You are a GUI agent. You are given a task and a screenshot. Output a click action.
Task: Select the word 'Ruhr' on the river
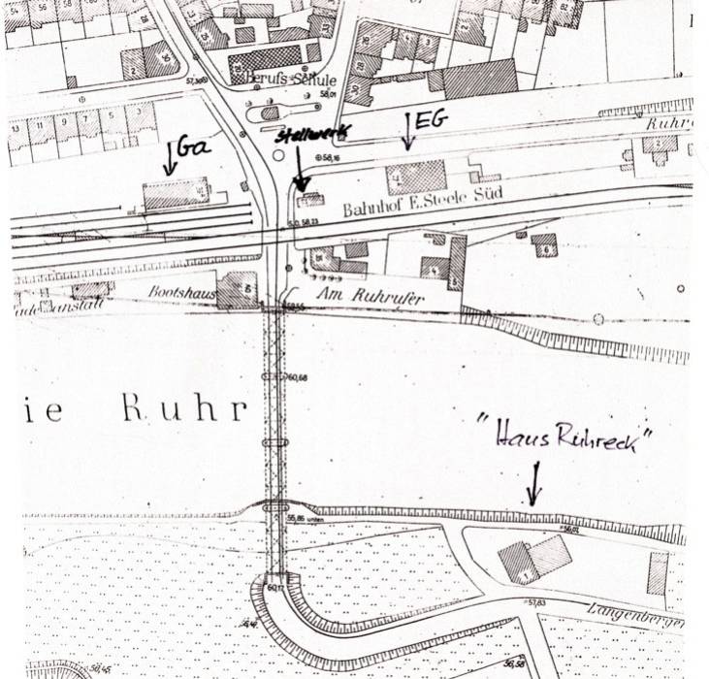point(183,408)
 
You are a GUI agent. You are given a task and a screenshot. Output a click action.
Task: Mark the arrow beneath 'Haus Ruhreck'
point(532,482)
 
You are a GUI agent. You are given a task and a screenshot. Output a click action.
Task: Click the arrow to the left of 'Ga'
point(170,155)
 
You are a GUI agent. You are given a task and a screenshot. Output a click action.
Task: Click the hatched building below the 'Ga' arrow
point(176,194)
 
